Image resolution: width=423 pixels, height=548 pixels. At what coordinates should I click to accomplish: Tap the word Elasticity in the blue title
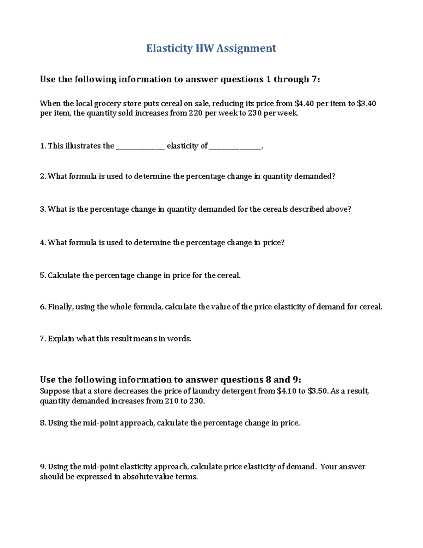[x=169, y=48]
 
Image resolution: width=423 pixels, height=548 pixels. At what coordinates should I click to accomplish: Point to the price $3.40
[x=366, y=103]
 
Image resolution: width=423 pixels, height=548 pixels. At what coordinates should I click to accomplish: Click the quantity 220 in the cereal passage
[x=196, y=113]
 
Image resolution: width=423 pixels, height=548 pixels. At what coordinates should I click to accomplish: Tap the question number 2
[x=43, y=176]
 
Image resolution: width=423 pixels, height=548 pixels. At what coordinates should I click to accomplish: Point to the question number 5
[x=43, y=275]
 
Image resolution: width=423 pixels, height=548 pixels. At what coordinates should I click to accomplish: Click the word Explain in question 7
[x=61, y=339]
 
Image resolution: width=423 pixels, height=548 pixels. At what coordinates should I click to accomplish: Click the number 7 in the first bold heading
[x=314, y=79]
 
